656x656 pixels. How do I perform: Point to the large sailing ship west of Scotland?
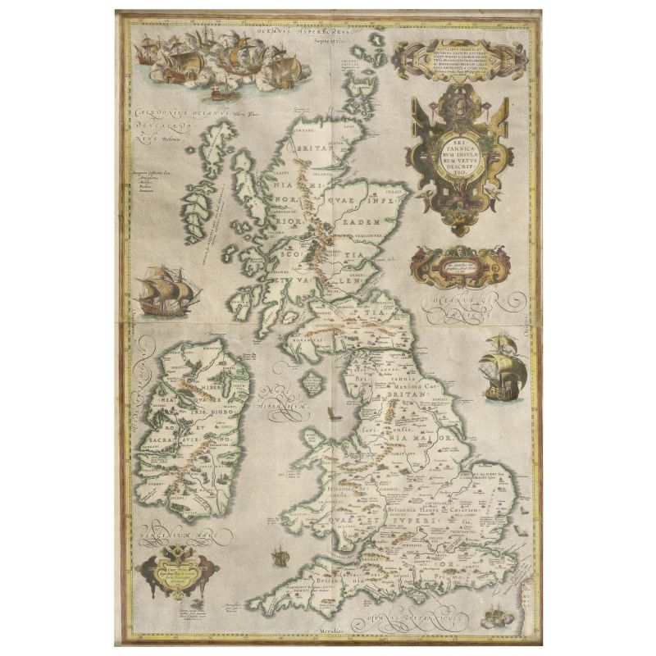163,291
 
